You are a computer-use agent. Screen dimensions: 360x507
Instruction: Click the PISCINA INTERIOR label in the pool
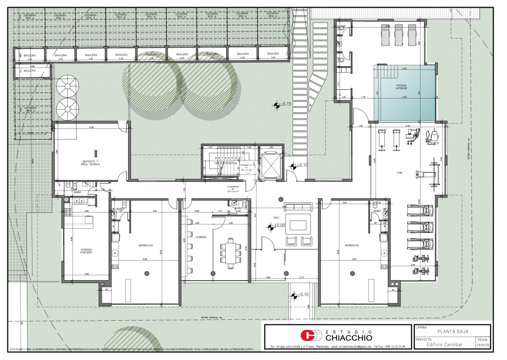point(401,87)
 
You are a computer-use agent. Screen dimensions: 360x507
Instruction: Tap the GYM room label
point(399,173)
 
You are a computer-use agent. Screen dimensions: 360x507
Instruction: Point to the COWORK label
point(201,237)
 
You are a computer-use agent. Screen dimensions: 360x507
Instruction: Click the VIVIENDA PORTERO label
point(86,251)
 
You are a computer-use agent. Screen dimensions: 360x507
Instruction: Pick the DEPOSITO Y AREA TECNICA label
point(90,163)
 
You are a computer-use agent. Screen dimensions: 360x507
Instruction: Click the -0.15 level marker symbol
point(277,104)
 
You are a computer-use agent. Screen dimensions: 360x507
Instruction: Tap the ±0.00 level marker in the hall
point(271,227)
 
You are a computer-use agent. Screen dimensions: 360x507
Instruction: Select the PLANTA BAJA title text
point(452,331)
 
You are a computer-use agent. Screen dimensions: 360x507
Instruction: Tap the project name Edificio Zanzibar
point(444,344)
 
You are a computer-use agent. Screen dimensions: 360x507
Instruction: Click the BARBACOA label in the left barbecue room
point(145,245)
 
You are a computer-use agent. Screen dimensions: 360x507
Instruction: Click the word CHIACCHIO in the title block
point(349,338)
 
